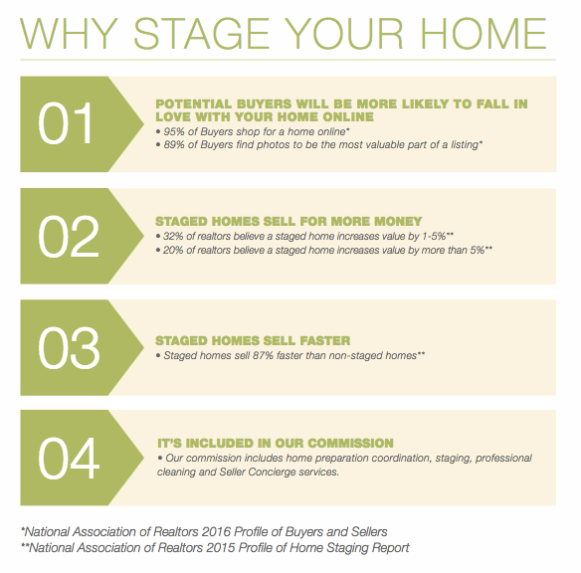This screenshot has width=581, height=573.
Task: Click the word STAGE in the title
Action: (201, 34)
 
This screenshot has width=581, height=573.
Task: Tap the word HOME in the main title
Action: (484, 34)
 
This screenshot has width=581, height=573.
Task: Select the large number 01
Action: (65, 123)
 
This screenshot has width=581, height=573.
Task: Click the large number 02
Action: (69, 237)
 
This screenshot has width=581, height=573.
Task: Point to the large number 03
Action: (69, 348)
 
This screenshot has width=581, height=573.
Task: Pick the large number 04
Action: (69, 459)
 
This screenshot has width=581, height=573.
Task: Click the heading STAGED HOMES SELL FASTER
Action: (253, 340)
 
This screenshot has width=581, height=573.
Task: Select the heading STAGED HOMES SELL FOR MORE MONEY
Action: (289, 221)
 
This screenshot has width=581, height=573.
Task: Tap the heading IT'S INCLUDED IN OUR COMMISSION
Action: (276, 443)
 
